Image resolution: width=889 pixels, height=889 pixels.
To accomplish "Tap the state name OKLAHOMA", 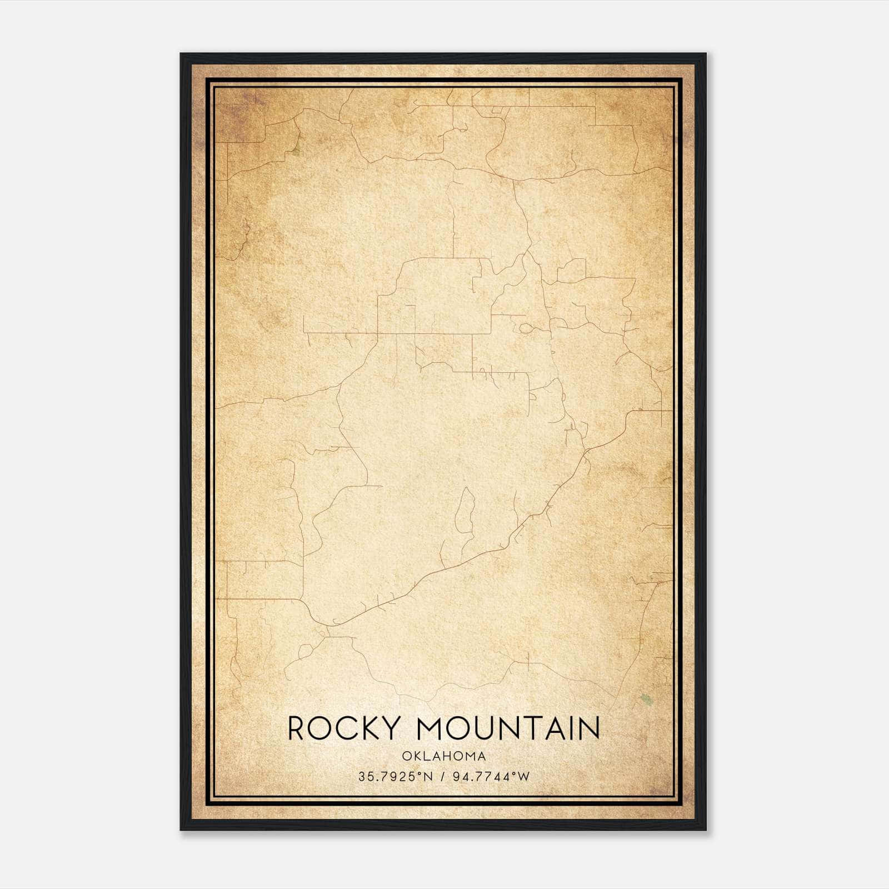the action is tap(444, 756).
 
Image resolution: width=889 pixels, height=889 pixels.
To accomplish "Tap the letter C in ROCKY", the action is tap(347, 728).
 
